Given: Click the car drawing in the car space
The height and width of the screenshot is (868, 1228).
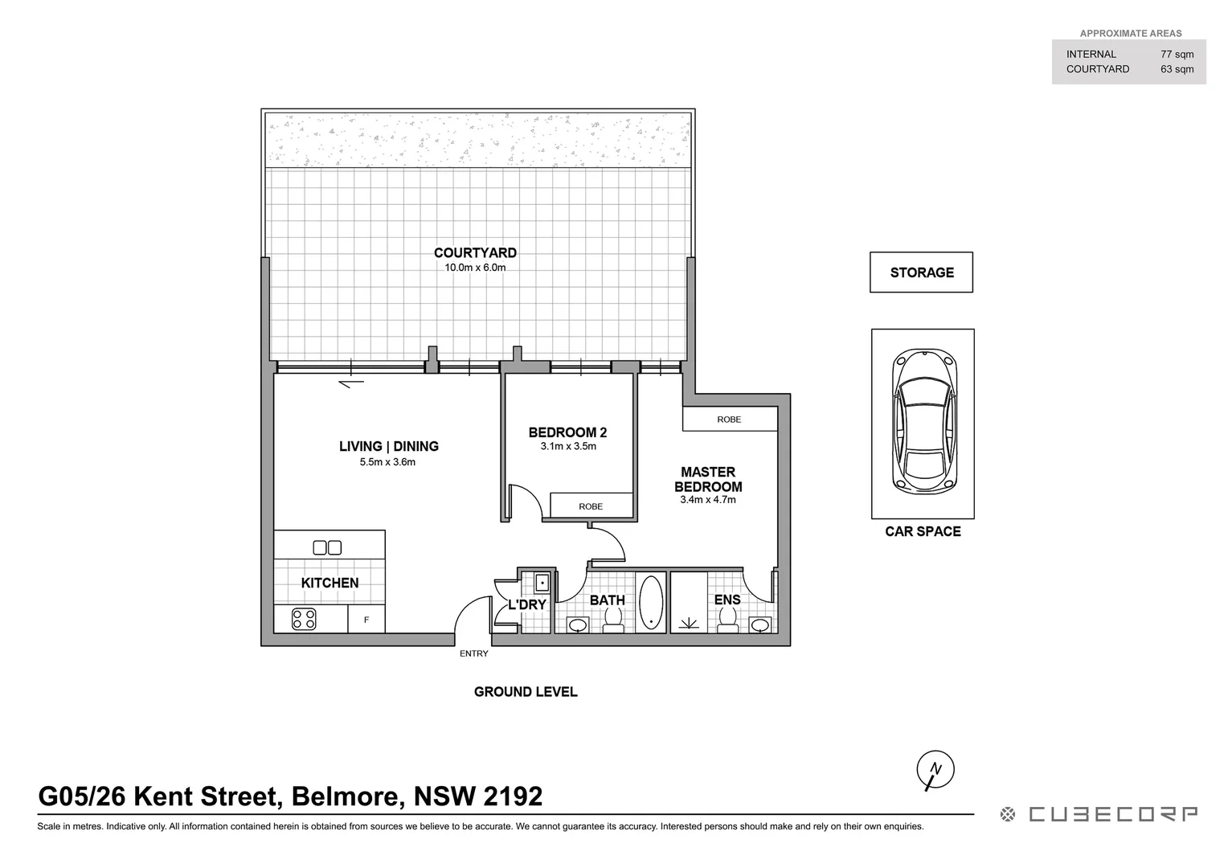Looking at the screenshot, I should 923,421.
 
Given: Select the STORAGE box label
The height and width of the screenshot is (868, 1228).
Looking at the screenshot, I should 922,272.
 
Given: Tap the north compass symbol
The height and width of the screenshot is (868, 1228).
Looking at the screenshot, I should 935,769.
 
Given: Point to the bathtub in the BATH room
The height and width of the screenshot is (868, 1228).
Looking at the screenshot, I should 651,602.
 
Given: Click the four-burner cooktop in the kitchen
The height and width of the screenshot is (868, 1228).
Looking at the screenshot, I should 304,619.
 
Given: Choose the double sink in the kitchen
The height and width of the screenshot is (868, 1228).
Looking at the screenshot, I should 327,547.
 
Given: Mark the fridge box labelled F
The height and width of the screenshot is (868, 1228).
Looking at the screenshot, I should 366,620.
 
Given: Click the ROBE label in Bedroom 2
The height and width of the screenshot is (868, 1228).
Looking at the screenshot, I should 591,506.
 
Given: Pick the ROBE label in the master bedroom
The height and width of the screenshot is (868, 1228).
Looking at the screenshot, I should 729,420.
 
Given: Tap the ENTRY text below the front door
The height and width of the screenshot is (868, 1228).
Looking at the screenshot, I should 474,653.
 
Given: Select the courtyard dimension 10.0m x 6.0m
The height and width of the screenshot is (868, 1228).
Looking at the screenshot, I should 475,268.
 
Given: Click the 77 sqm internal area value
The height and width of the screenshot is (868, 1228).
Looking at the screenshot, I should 1177,55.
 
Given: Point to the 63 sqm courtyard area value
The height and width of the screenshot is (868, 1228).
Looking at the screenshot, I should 1177,69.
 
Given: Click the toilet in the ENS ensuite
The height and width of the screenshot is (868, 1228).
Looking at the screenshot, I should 728,619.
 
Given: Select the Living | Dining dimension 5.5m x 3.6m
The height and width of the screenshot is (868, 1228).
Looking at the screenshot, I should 388,462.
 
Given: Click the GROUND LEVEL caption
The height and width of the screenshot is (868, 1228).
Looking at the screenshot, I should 526,692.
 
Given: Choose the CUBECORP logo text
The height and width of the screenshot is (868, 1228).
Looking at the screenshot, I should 1114,814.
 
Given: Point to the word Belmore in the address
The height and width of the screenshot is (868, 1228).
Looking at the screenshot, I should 346,796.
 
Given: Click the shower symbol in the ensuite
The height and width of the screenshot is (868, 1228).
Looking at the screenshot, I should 689,622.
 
